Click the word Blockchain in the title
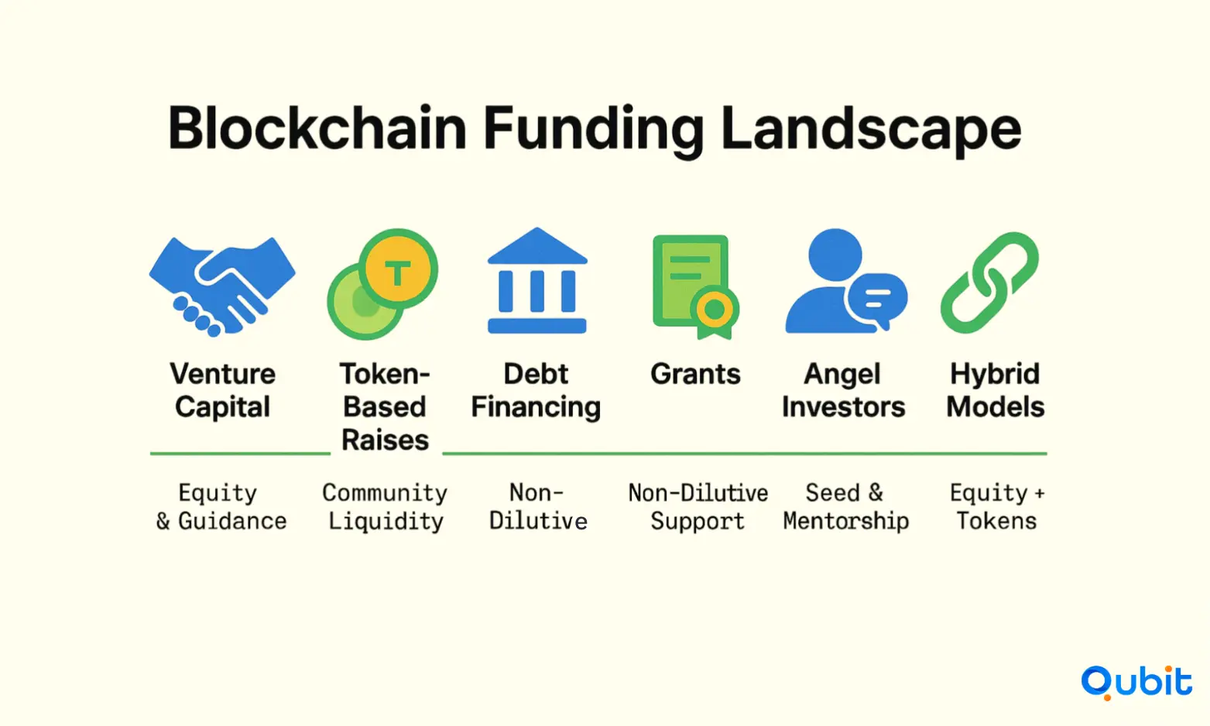pyautogui.click(x=317, y=128)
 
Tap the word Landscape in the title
pyautogui.click(x=871, y=132)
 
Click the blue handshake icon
pyautogui.click(x=222, y=286)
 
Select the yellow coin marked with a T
pyautogui.click(x=398, y=269)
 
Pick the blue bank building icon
pyautogui.click(x=537, y=280)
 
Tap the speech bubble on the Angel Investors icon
pyautogui.click(x=877, y=300)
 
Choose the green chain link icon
pyautogui.click(x=989, y=283)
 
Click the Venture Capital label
pyautogui.click(x=222, y=391)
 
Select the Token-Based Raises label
pyautogui.click(x=385, y=407)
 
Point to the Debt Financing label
pyautogui.click(x=536, y=391)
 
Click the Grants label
pyautogui.click(x=695, y=374)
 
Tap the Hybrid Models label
pyautogui.click(x=995, y=391)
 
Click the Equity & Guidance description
pyautogui.click(x=221, y=507)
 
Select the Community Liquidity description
pyautogui.click(x=386, y=507)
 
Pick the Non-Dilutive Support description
pyautogui.click(x=698, y=507)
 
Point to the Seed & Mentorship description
pyautogui.click(x=846, y=507)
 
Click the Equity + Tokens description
pyautogui.click(x=997, y=507)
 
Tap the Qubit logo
pyautogui.click(x=1136, y=683)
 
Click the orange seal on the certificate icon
pyautogui.click(x=715, y=310)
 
